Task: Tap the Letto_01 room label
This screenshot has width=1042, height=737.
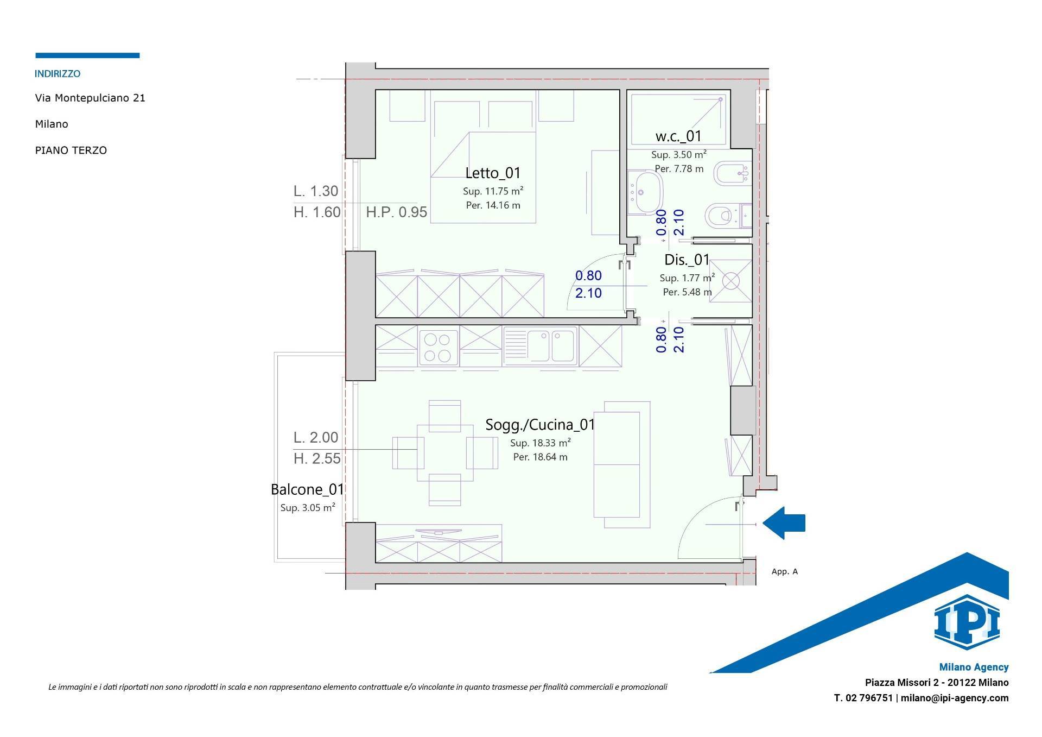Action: coord(493,173)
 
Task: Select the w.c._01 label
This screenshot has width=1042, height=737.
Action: coord(678,136)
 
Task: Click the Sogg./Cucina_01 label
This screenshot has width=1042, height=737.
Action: coord(540,424)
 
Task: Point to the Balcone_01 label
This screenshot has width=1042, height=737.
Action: coord(308,489)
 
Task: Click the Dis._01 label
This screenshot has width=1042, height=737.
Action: coord(687,260)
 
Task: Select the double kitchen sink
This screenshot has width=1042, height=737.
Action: coord(540,345)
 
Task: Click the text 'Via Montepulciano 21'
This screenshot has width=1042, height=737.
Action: coord(90,98)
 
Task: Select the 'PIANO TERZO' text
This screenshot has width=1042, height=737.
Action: coord(71,150)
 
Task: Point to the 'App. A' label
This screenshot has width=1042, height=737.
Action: coord(785,571)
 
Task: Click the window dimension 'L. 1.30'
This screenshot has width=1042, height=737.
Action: coord(316,191)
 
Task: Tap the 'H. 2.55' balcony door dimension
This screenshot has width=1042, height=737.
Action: coord(317,459)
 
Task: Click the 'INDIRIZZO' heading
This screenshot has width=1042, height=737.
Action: coord(58,74)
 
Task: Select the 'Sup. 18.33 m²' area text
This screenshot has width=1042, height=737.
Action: coord(541,443)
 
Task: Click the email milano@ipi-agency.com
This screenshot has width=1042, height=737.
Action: coord(955,698)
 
